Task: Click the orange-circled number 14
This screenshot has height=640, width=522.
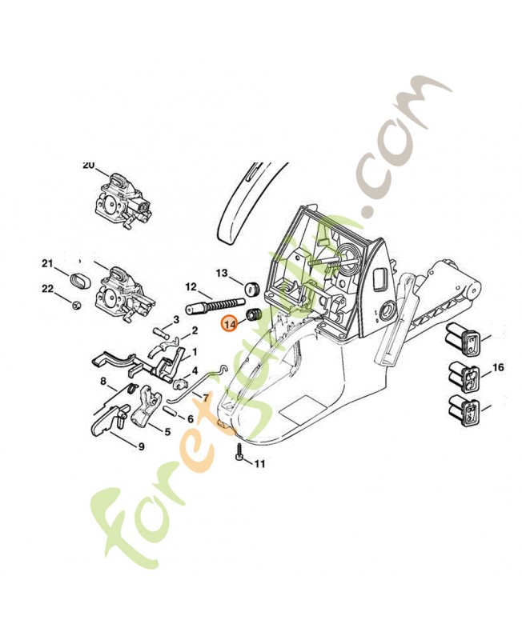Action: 230,323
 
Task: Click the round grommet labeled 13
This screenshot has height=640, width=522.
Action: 250,286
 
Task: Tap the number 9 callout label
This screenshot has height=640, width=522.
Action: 141,446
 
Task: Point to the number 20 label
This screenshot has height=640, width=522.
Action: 88,165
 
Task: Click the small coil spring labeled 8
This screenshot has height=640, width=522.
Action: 126,389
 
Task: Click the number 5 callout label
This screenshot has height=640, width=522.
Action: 167,432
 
